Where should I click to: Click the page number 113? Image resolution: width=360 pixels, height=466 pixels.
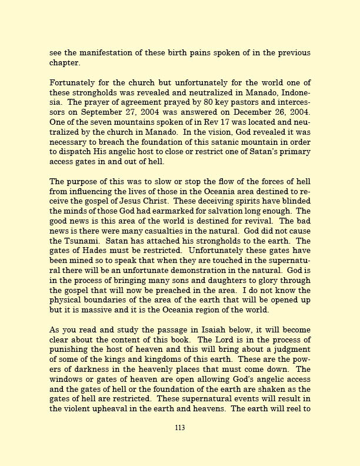(180, 428)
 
